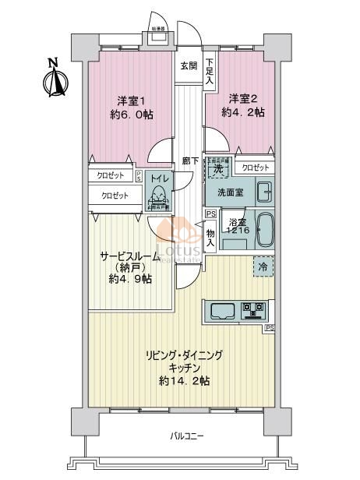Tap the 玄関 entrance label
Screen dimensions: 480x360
pos(189,66)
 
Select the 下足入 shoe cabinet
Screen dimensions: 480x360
pos(210,71)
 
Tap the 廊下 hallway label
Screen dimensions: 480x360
pos(189,161)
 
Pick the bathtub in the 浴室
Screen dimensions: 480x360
pos(263,229)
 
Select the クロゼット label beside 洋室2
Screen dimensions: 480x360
pos(255,168)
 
